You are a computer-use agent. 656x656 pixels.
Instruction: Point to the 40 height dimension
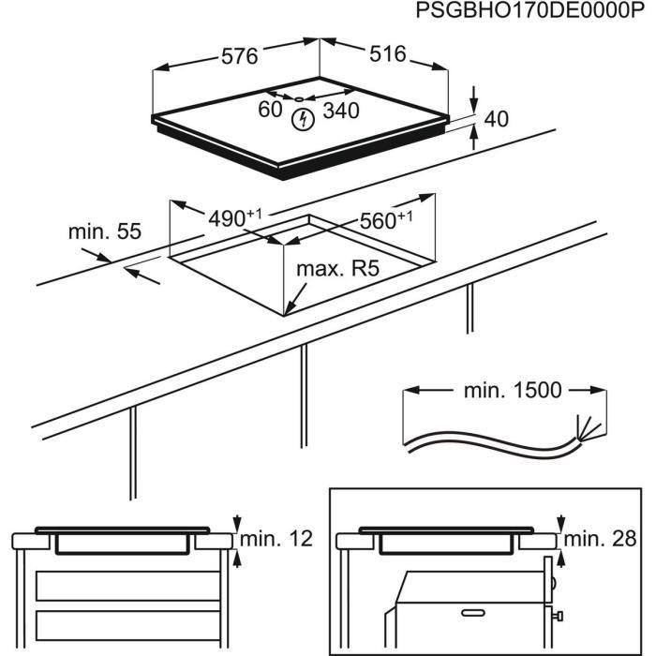(x=496, y=119)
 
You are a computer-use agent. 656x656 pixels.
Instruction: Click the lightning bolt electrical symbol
(x=303, y=119)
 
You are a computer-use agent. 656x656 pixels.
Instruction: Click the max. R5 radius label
(x=336, y=270)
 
